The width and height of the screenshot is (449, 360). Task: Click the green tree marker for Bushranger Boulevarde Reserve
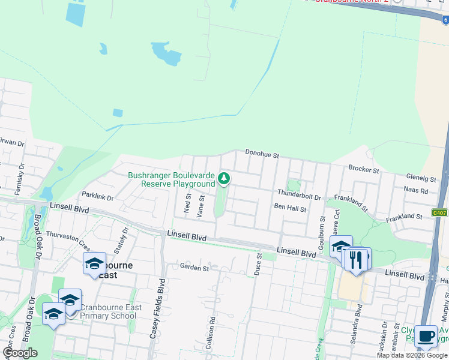pyautogui.click(x=224, y=178)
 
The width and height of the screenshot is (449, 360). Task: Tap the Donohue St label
pyautogui.click(x=262, y=155)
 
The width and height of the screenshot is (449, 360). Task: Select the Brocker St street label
pyautogui.click(x=364, y=170)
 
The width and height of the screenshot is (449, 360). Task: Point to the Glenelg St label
pyautogui.click(x=421, y=178)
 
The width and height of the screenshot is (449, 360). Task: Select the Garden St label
pyautogui.click(x=193, y=268)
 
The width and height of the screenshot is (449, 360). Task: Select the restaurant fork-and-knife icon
pyautogui.click(x=357, y=259)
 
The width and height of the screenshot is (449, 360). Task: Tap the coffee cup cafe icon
pyautogui.click(x=427, y=337)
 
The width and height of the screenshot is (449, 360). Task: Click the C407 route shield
pyautogui.click(x=440, y=212)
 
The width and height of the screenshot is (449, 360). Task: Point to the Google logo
pyautogui.click(x=20, y=352)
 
